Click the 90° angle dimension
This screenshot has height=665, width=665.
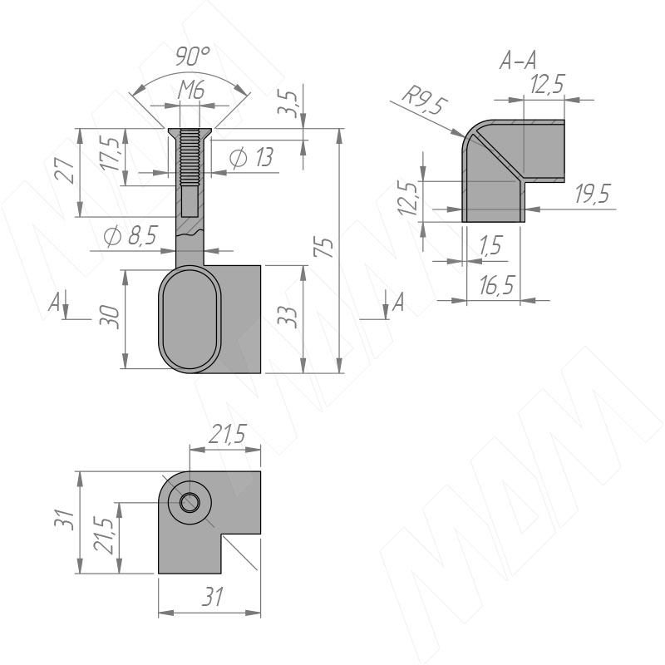pyautogui.click(x=192, y=57)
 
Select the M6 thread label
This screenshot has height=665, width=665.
pyautogui.click(x=191, y=91)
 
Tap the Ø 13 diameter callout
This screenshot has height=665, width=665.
pyautogui.click(x=251, y=158)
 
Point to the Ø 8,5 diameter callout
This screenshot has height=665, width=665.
pyautogui.click(x=131, y=235)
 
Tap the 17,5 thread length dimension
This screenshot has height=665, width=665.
pyautogui.click(x=111, y=154)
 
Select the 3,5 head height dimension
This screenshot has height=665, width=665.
pyautogui.click(x=288, y=102)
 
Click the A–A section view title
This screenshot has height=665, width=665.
pyautogui.click(x=518, y=60)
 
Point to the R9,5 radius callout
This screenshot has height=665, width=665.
pyautogui.click(x=425, y=101)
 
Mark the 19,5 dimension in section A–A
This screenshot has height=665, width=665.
pyautogui.click(x=593, y=194)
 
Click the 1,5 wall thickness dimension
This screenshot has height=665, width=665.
pyautogui.click(x=490, y=245)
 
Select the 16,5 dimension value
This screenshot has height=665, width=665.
pyautogui.click(x=496, y=284)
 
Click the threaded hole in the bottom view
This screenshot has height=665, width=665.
pyautogui.click(x=190, y=503)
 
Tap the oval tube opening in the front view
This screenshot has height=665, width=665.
pyautogui.click(x=190, y=319)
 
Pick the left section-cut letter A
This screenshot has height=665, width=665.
pyautogui.click(x=53, y=303)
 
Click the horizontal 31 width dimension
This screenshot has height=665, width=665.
pyautogui.click(x=212, y=598)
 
